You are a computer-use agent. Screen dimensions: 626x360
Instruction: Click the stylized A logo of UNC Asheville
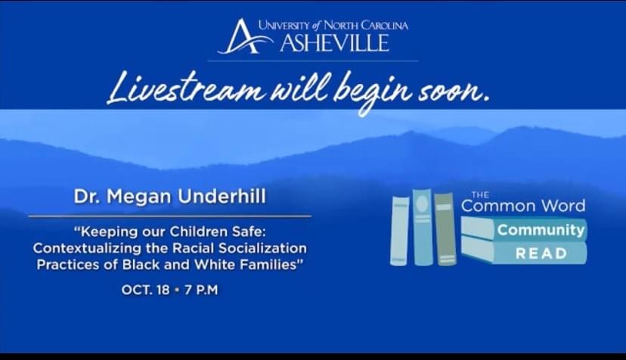coord(243,37)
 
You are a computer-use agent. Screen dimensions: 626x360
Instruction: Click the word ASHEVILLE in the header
coord(335,43)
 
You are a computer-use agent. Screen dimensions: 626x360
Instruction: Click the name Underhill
coord(222,197)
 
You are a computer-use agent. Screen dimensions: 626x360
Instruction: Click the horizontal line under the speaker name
coord(170,216)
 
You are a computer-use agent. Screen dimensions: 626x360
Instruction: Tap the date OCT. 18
coord(146,290)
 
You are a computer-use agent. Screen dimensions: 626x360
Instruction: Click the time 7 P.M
coord(201,290)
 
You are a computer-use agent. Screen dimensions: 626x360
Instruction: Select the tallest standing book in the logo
coord(423,227)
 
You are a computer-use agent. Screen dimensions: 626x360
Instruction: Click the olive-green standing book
coord(445,229)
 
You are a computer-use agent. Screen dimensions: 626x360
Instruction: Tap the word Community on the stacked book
coord(541,230)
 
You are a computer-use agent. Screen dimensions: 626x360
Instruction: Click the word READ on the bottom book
coord(541,253)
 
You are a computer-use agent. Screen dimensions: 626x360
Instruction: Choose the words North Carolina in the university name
coord(366,26)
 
